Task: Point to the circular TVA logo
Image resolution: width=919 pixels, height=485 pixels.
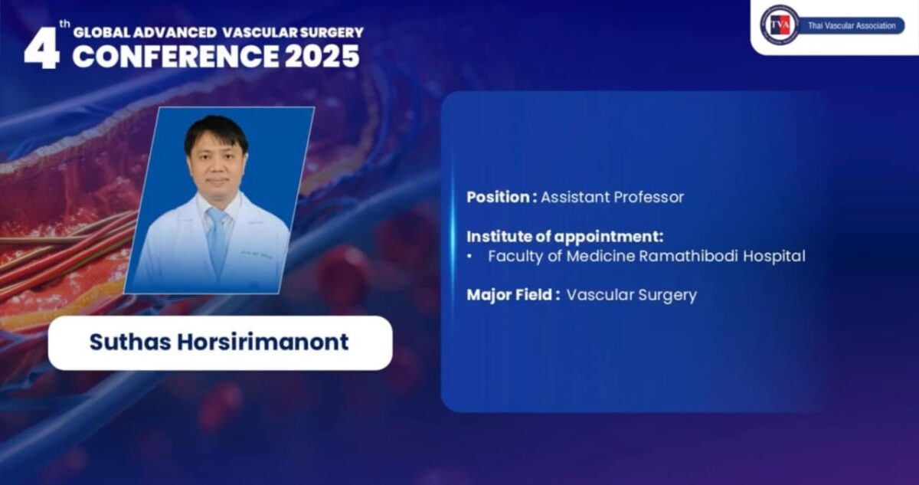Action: (x=779, y=25)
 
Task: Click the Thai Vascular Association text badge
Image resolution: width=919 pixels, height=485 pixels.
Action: (x=851, y=26)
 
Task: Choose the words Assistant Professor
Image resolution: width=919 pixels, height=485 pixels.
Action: (x=612, y=197)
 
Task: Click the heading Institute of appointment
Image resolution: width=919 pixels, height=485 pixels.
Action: (x=564, y=236)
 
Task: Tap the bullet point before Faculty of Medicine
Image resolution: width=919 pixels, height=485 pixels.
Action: (x=469, y=257)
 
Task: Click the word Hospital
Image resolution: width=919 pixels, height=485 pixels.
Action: (x=774, y=257)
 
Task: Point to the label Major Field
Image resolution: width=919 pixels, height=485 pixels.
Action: (x=510, y=295)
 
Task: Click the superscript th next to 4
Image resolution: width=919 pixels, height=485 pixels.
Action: (x=65, y=25)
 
